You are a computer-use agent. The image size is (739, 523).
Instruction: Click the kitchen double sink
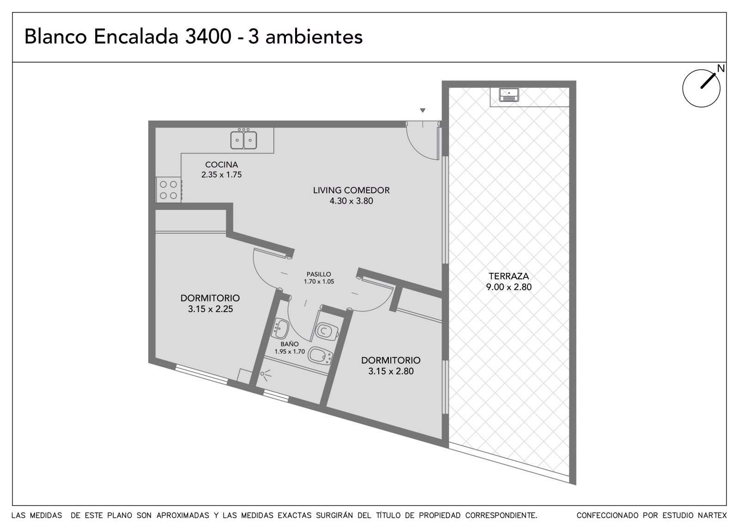(243, 140)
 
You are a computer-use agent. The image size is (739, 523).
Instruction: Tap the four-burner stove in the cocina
(169, 190)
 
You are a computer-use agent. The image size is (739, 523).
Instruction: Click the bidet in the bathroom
(321, 356)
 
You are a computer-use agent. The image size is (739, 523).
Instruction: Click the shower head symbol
(265, 375)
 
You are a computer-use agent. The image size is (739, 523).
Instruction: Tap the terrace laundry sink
(509, 95)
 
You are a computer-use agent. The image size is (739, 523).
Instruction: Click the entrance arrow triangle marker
(423, 111)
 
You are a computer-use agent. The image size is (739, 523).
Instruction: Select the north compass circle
(701, 88)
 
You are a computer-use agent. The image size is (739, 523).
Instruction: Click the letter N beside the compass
(721, 69)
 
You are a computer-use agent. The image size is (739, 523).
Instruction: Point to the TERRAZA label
(509, 276)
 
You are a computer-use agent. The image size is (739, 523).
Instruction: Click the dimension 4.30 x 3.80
(351, 201)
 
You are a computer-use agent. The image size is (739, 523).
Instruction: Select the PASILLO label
(319, 274)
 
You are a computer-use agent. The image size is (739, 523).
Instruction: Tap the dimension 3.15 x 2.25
(211, 309)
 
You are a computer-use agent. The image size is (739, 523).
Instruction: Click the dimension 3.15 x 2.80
(391, 371)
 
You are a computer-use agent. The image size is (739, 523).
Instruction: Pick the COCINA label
(221, 165)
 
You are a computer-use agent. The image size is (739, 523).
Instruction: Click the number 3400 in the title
(208, 37)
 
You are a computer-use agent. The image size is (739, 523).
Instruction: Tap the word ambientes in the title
(314, 37)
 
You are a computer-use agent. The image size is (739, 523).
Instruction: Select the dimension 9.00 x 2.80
(509, 287)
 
